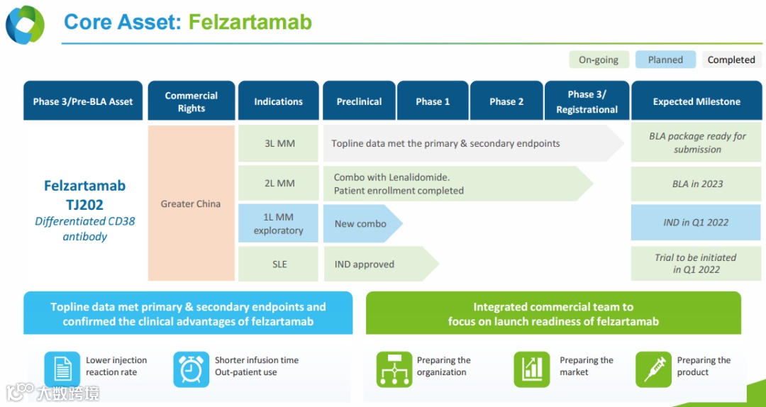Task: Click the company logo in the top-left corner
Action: (x=26, y=24)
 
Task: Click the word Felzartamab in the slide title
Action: (x=250, y=22)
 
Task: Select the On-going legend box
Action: (x=598, y=60)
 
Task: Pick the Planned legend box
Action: (x=665, y=60)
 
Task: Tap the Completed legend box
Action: (x=731, y=60)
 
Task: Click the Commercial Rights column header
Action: (x=191, y=101)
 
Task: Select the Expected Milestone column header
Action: (x=696, y=101)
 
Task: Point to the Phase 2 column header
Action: (x=506, y=101)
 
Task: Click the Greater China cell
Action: (x=191, y=203)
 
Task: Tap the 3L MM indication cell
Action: (x=278, y=143)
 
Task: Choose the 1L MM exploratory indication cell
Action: (x=278, y=223)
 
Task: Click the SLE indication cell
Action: (x=278, y=264)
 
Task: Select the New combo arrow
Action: (x=361, y=223)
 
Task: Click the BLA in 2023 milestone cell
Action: (x=696, y=184)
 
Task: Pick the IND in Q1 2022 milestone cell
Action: (x=696, y=223)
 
